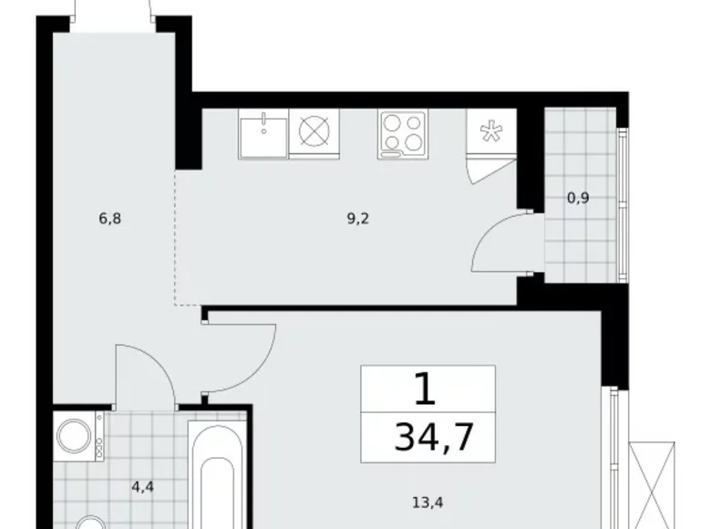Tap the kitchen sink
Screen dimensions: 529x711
click(263, 135)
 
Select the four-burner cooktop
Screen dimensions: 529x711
click(403, 135)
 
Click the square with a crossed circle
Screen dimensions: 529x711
click(314, 133)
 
